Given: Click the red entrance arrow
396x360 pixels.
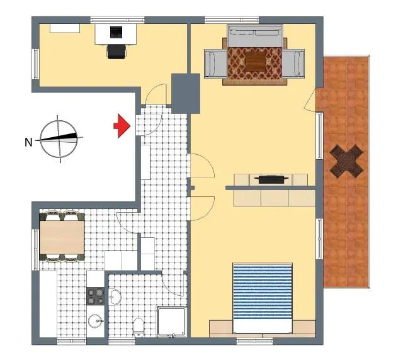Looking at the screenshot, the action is tap(122, 126).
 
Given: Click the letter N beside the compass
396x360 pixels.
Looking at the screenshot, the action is tap(28, 142).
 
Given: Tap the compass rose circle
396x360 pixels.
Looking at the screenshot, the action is tap(59, 139).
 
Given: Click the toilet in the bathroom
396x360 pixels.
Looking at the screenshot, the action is tap(138, 327).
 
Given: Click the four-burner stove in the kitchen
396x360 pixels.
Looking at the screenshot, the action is tap(96, 296).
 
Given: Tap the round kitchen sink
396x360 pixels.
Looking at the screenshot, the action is tap(96, 321).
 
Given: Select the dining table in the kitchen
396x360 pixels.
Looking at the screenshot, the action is tap(62, 237).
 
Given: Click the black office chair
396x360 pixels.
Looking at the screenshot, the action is tap(116, 51).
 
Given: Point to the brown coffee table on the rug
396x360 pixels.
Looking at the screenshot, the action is tap(255, 61).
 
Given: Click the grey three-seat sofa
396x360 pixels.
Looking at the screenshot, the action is tap(254, 36).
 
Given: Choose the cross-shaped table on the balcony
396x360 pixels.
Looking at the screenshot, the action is tap(346, 161).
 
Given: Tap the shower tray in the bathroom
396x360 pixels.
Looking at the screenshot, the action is tap(172, 322).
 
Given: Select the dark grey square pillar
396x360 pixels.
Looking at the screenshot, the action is tap(186, 93).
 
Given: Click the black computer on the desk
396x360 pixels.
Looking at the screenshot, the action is tap(116, 32).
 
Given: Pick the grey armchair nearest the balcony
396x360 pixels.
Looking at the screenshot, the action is tap(293, 64).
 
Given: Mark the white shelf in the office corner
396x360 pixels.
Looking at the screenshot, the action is tap(65, 28).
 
